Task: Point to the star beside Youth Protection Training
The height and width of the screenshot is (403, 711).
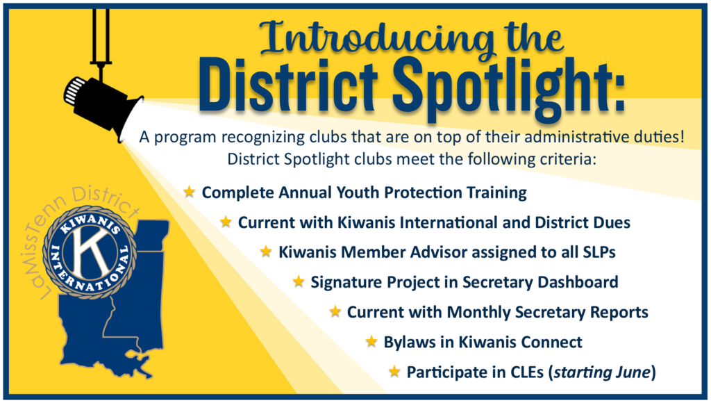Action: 189,192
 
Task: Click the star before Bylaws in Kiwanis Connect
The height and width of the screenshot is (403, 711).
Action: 371,341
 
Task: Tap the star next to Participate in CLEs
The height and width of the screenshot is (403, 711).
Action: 394,371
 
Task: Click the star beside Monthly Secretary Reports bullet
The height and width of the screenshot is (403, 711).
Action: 335,311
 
